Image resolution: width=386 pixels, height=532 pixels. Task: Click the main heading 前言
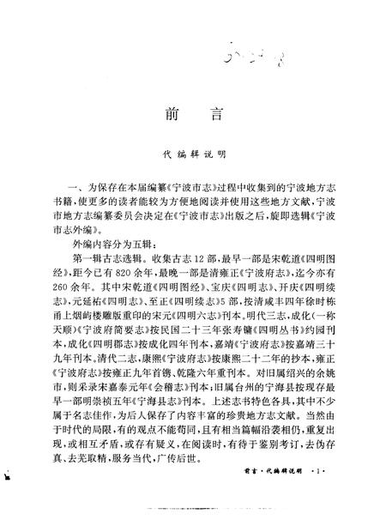192,115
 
